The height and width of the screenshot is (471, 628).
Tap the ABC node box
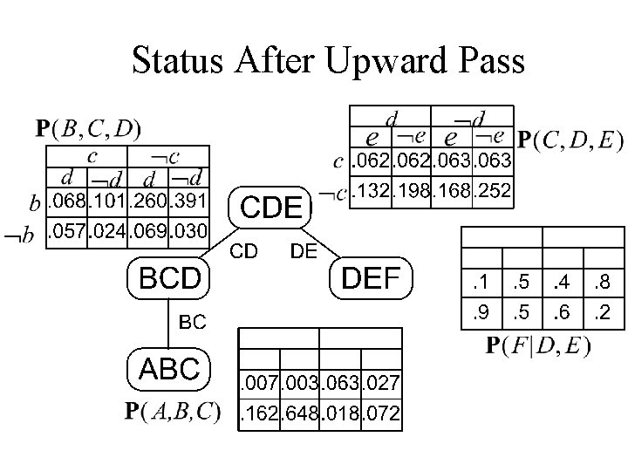(x=168, y=369)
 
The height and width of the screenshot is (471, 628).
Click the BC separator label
(x=192, y=322)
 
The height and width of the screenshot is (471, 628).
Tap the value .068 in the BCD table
(x=66, y=202)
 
